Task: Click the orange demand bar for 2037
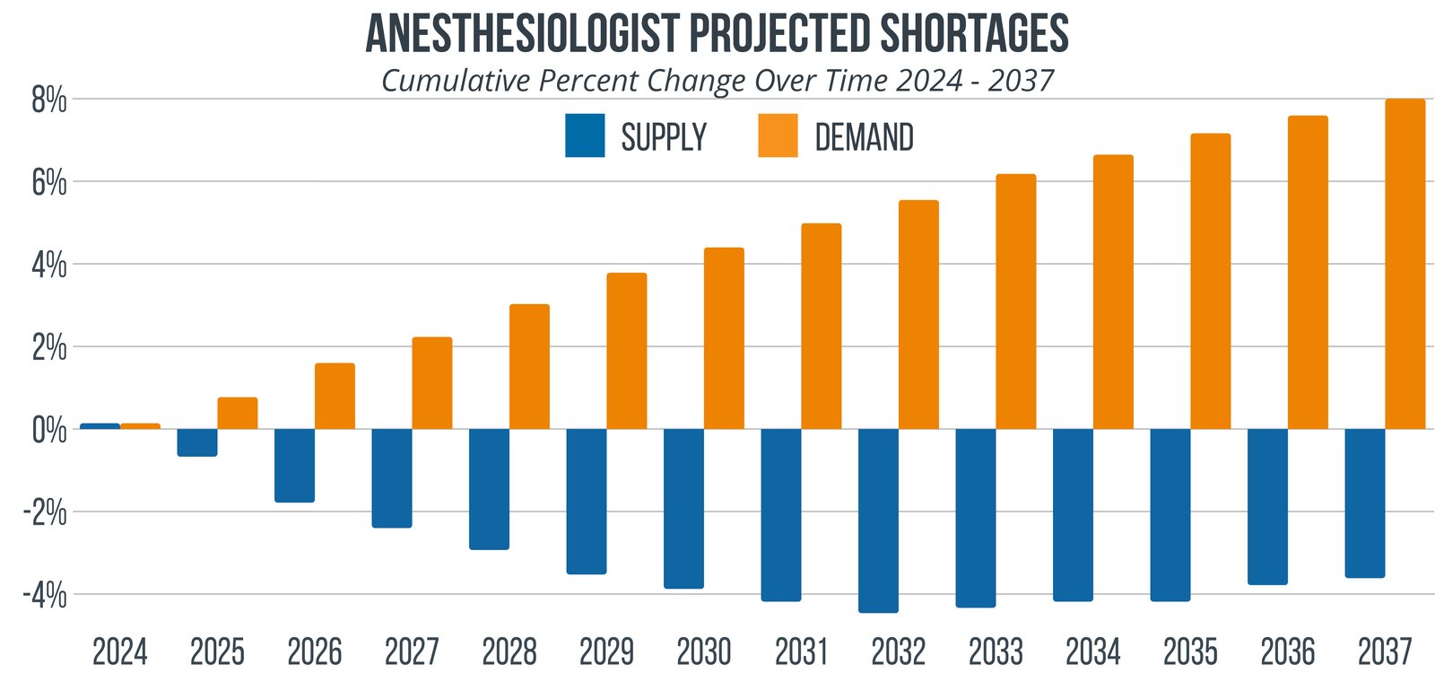[x=1405, y=264]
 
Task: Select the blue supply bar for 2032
[x=878, y=520]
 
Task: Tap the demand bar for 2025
[x=238, y=413]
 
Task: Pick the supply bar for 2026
[x=294, y=465]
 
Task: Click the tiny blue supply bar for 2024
[x=100, y=426]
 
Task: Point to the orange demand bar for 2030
[x=724, y=338]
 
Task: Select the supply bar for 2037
[x=1364, y=503]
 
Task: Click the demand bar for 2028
[x=529, y=366]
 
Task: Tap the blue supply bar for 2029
[x=587, y=501]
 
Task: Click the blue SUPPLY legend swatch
[x=585, y=136]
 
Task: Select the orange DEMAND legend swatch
[x=778, y=136]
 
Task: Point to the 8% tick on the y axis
[x=49, y=101]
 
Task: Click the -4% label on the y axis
[x=44, y=595]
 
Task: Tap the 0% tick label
[x=49, y=430]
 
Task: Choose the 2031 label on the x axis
[x=801, y=651]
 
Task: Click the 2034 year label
[x=1092, y=651]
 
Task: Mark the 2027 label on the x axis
[x=412, y=651]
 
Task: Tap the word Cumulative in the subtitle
[x=456, y=81]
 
